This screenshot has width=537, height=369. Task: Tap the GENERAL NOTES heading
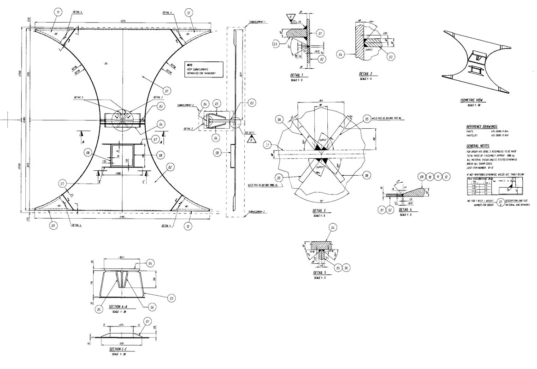[x=479, y=145]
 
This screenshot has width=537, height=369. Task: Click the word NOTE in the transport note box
[x=189, y=65]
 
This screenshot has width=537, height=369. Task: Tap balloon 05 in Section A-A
[x=99, y=310]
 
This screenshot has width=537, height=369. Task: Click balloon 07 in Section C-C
[x=148, y=321]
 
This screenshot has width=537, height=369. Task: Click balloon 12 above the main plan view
[x=189, y=13]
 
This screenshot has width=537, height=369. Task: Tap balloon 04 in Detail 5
[x=333, y=227]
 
